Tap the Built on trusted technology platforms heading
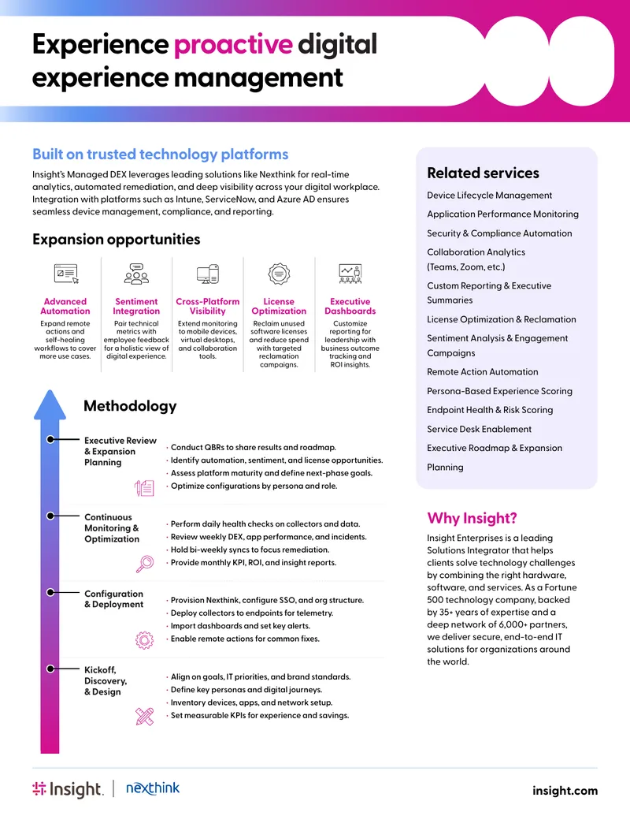(x=160, y=154)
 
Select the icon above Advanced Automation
(x=66, y=274)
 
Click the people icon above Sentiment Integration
(x=136, y=274)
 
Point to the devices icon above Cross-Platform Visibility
(x=207, y=274)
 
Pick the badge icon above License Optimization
(x=279, y=274)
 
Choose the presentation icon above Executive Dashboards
(x=350, y=274)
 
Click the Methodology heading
(x=130, y=406)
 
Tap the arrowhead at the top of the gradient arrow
(x=50, y=404)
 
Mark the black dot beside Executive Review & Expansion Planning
(x=50, y=440)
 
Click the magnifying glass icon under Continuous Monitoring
(x=144, y=564)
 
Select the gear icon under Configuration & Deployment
(x=144, y=640)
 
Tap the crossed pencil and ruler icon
(x=144, y=717)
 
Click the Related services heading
(x=483, y=173)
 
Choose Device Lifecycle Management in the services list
(x=489, y=196)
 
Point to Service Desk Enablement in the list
(x=479, y=429)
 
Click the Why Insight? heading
(x=472, y=518)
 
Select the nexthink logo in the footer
(x=153, y=788)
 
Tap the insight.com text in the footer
(x=565, y=791)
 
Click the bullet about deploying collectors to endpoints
(x=251, y=613)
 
